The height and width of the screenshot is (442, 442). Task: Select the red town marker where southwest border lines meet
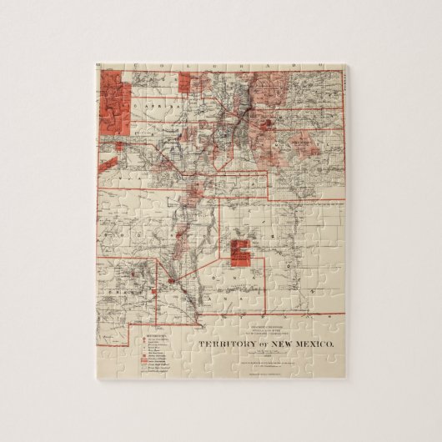tap(172, 281)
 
